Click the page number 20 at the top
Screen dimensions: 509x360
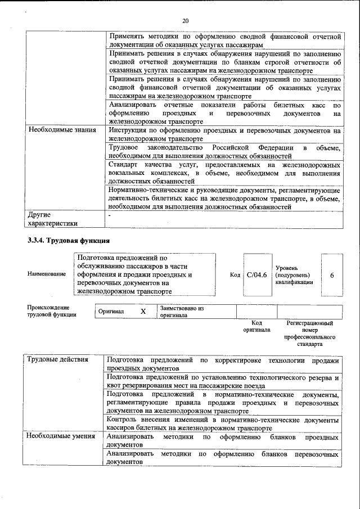[184, 21]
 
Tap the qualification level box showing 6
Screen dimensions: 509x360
[332, 275]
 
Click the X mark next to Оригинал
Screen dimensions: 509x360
[143, 311]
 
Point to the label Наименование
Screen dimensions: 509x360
[46, 274]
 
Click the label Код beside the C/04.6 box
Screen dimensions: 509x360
[235, 275]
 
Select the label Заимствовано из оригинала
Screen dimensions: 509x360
[181, 312]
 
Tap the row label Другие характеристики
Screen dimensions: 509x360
[52, 219]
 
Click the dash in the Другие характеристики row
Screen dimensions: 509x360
[110, 215]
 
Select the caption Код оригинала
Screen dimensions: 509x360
[256, 326]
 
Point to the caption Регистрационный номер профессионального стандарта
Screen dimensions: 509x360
[309, 333]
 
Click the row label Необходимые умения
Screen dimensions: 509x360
[61, 436]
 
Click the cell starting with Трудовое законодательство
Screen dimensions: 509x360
[224, 151]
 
